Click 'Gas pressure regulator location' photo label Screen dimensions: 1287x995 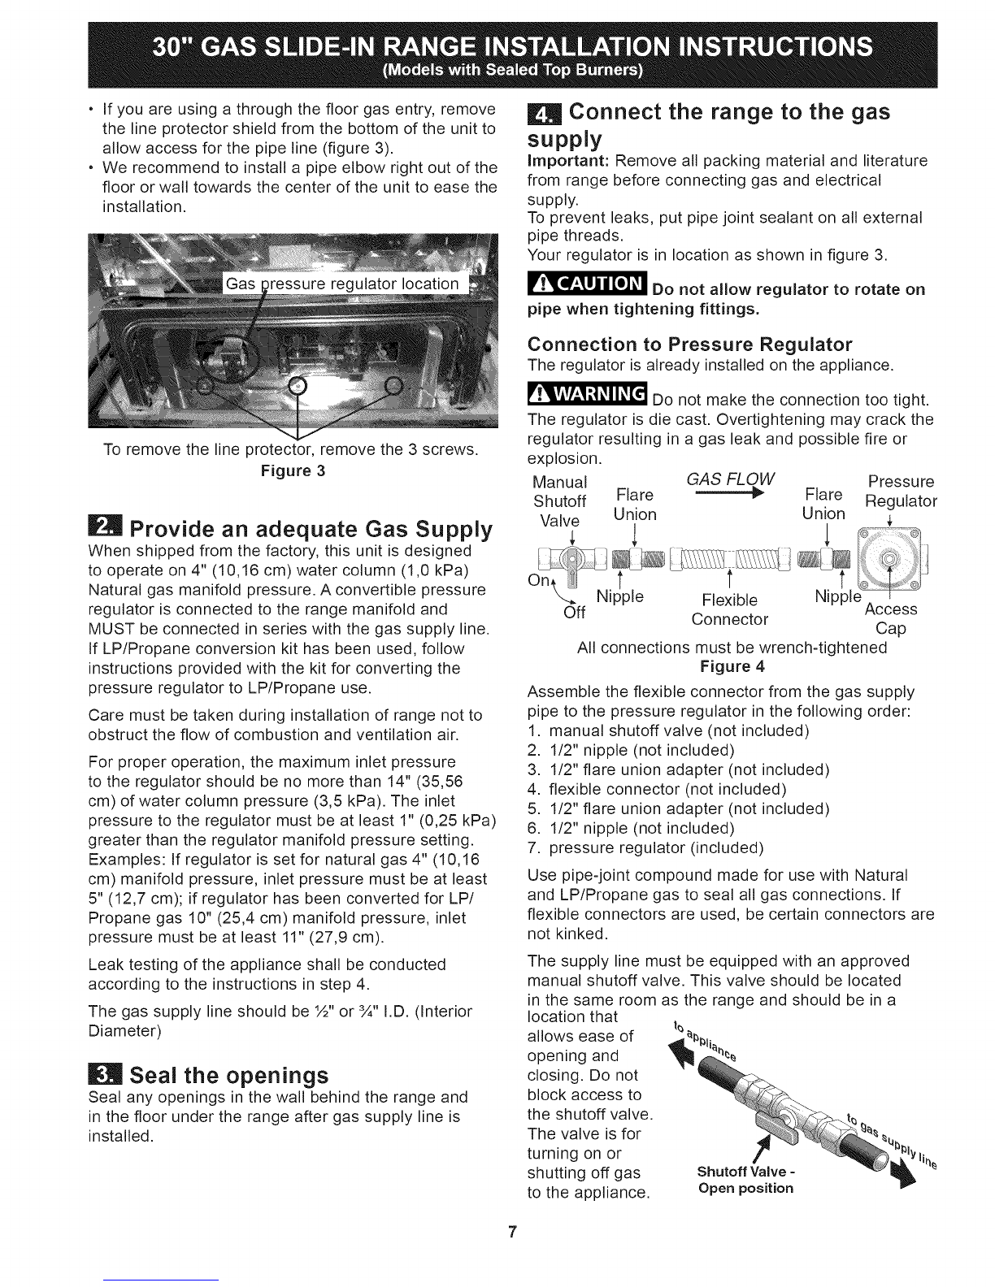pos(341,284)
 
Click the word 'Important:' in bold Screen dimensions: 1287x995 pos(565,161)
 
